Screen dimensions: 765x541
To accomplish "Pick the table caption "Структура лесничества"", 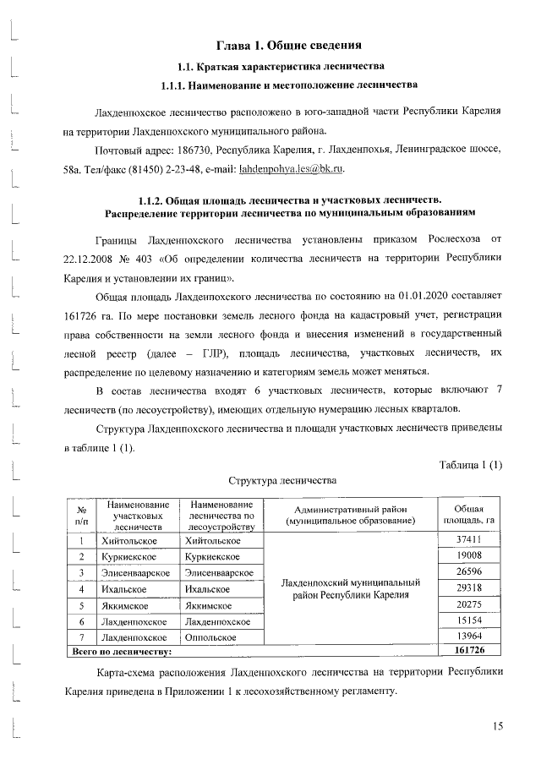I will coord(282,479).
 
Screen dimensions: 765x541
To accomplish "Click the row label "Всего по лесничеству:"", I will coord(120,652).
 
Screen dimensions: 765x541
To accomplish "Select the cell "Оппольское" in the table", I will coord(212,637).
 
